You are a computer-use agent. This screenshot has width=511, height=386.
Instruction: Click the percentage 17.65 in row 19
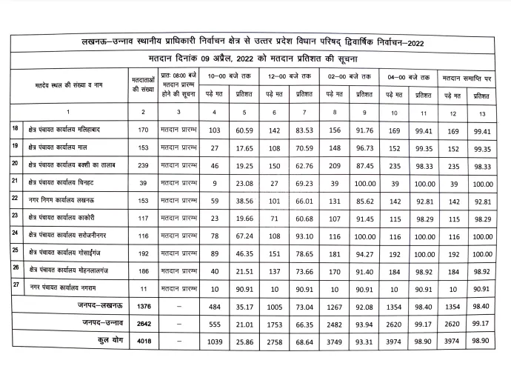pyautogui.click(x=246, y=148)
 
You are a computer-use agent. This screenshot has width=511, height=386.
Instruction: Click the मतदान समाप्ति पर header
pyautogui.click(x=467, y=76)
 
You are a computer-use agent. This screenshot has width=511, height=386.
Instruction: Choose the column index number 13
pyautogui.click(x=482, y=111)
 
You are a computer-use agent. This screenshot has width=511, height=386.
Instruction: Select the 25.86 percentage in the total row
pyautogui.click(x=246, y=342)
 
